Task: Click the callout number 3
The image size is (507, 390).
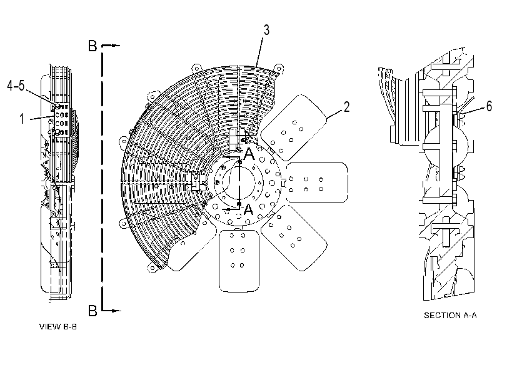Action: click(x=266, y=30)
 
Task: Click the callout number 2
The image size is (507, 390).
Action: click(x=346, y=107)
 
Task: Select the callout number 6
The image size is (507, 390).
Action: click(x=489, y=106)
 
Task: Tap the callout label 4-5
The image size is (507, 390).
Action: click(x=16, y=86)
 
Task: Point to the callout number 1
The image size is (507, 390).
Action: click(x=22, y=119)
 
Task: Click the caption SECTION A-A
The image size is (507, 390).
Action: click(x=450, y=315)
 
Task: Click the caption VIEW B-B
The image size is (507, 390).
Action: click(x=58, y=326)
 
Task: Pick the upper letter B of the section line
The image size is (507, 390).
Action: click(x=93, y=46)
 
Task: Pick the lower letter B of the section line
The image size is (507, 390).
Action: click(x=93, y=311)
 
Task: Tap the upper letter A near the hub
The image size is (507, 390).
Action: click(x=249, y=154)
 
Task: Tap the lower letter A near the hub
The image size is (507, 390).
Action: click(x=248, y=209)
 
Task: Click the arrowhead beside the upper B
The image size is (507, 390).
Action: click(x=116, y=46)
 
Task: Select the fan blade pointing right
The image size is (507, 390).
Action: click(x=317, y=182)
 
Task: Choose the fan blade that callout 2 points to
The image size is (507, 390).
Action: click(x=293, y=127)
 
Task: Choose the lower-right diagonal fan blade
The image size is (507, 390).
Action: click(x=294, y=237)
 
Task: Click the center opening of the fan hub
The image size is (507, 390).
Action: click(x=239, y=182)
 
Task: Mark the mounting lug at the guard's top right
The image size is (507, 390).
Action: click(x=279, y=69)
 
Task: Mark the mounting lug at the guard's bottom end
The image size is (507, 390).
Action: click(x=152, y=268)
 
